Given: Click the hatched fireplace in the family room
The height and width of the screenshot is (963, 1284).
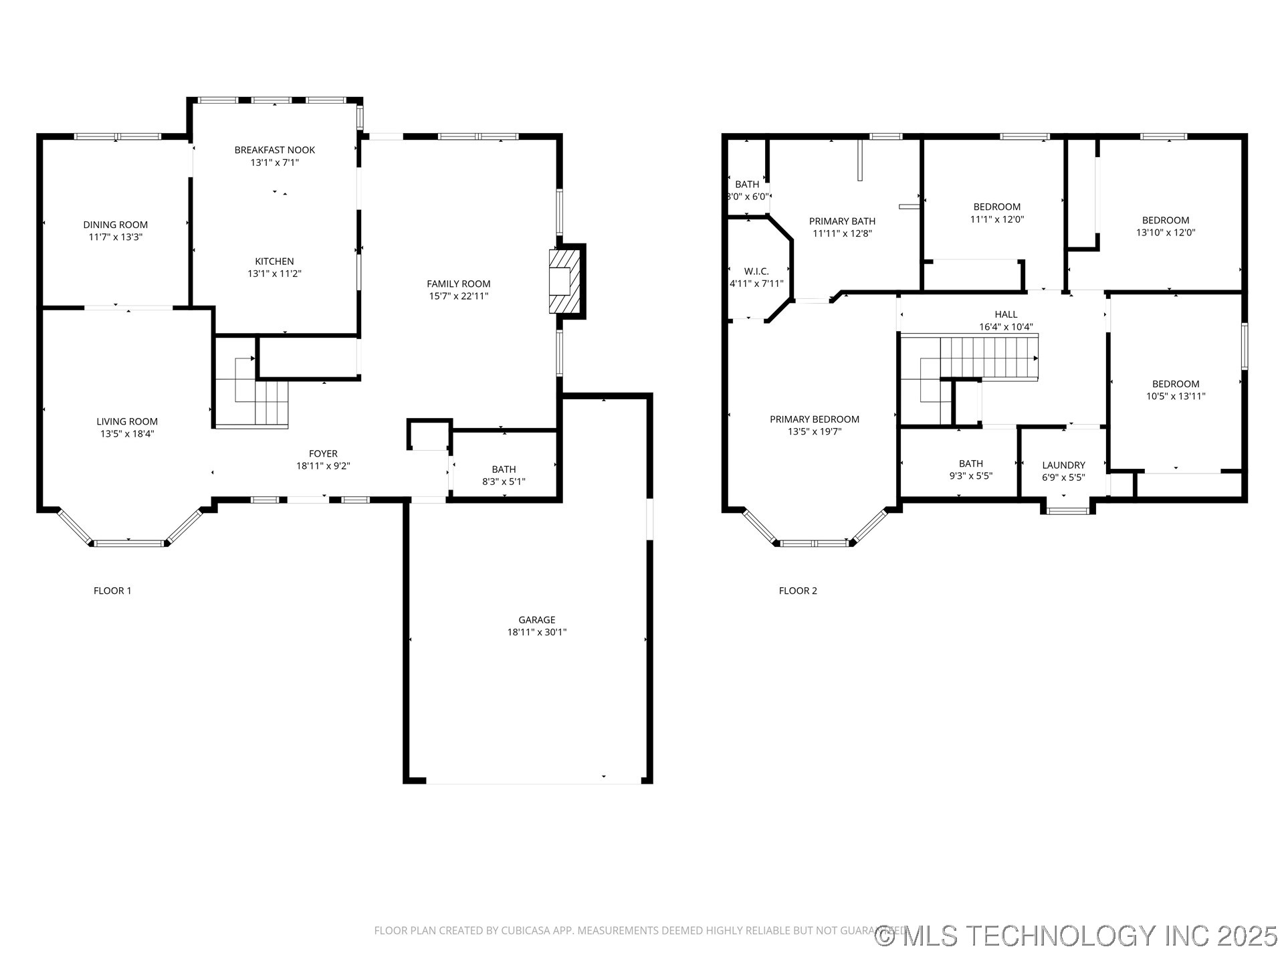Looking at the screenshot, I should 562,282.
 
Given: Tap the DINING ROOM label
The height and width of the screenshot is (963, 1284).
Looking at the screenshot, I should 115,225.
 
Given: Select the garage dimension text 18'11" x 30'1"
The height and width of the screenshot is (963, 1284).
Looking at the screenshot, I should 536,632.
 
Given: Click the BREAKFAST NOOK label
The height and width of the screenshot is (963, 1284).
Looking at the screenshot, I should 274,150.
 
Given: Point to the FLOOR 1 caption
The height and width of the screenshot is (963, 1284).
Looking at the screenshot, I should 112,591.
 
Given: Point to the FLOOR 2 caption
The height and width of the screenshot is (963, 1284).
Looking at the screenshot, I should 797,591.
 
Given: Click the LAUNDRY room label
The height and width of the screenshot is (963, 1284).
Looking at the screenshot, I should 1063,465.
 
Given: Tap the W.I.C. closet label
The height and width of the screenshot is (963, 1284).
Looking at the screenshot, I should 756,271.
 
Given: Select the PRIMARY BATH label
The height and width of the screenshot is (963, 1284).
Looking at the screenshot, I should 842,221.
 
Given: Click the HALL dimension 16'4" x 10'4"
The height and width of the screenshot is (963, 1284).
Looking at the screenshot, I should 1006,327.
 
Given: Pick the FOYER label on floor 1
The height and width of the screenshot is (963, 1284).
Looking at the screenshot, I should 323,453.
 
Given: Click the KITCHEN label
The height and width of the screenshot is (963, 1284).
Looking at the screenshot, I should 274,261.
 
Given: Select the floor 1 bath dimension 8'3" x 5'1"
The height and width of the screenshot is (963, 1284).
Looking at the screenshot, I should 504,481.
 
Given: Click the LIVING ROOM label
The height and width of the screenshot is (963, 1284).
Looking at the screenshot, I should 127,421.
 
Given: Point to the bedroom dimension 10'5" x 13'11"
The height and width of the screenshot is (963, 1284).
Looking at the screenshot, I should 1175,396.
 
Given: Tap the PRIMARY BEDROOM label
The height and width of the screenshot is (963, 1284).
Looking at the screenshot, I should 814,419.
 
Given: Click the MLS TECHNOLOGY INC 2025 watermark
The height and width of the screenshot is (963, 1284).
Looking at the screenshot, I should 1077,936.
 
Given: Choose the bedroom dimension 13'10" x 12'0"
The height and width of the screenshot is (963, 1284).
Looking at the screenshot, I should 1165,233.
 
